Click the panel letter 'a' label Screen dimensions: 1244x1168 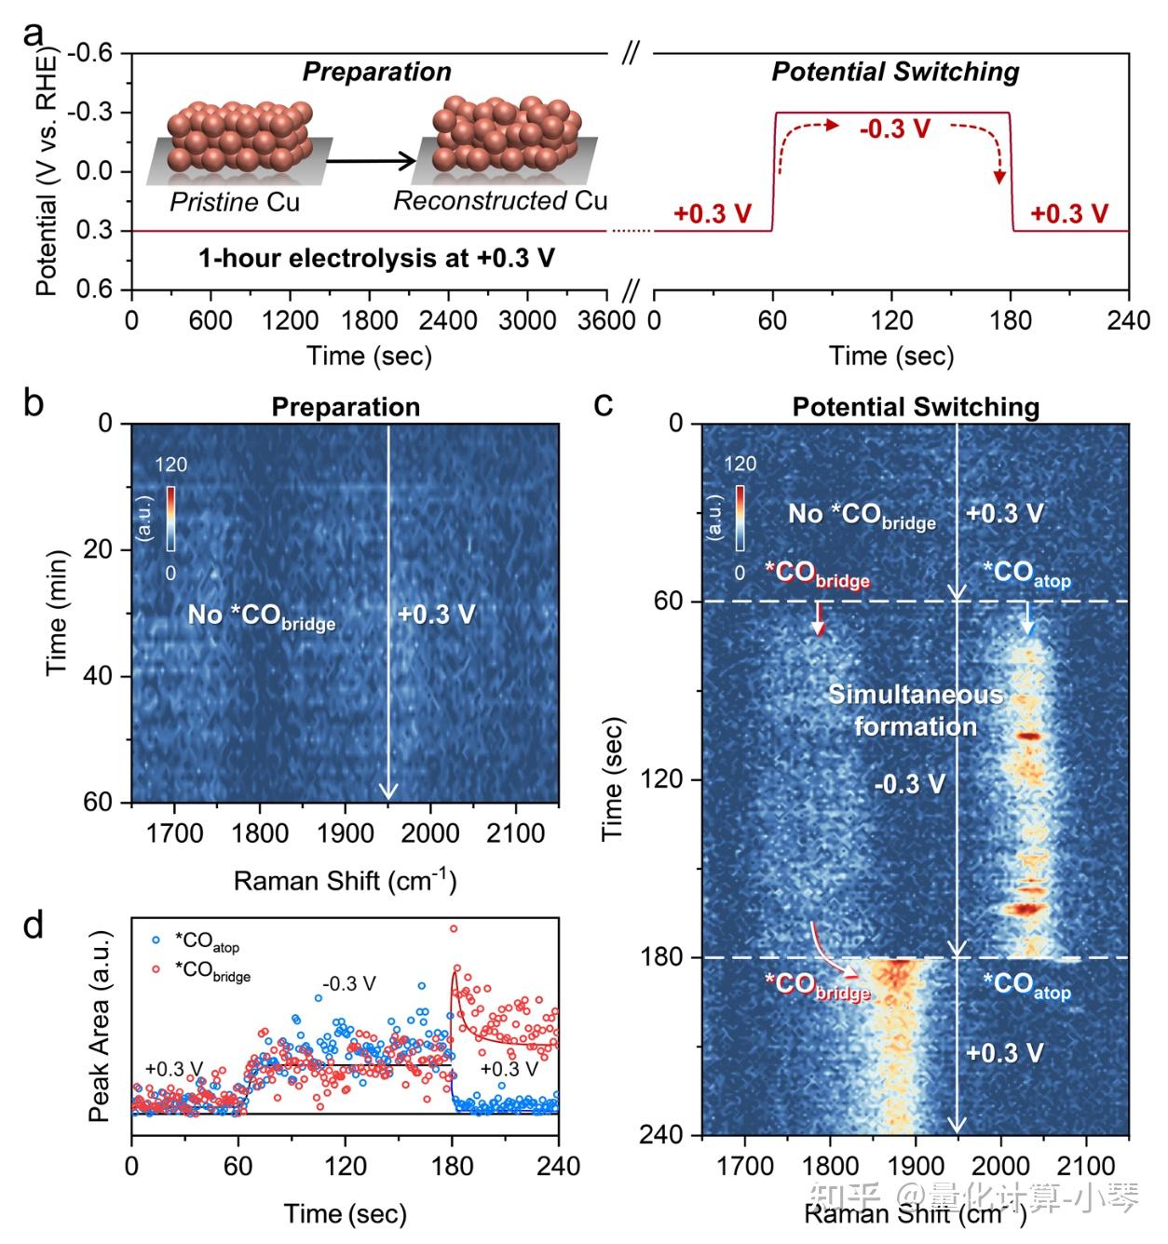tap(34, 34)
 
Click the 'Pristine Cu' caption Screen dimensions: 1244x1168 tap(234, 202)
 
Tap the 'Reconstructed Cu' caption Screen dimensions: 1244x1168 tap(499, 200)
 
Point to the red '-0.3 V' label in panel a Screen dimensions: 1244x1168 tap(894, 128)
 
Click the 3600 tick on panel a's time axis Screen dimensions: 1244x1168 tap(606, 320)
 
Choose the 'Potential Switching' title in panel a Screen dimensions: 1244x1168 tap(894, 72)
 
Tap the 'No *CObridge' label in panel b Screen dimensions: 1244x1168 tap(261, 616)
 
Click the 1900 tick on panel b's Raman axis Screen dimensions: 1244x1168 tap(346, 832)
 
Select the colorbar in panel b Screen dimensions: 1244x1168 tap(170, 519)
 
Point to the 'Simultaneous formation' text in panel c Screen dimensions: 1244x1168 tap(916, 710)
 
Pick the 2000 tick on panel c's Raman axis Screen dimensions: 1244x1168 tap(1000, 1166)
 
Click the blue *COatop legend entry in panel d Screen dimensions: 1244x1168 tap(197, 942)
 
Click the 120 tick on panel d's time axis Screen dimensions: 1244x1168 tap(345, 1167)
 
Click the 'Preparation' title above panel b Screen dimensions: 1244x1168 tap(346, 407)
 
